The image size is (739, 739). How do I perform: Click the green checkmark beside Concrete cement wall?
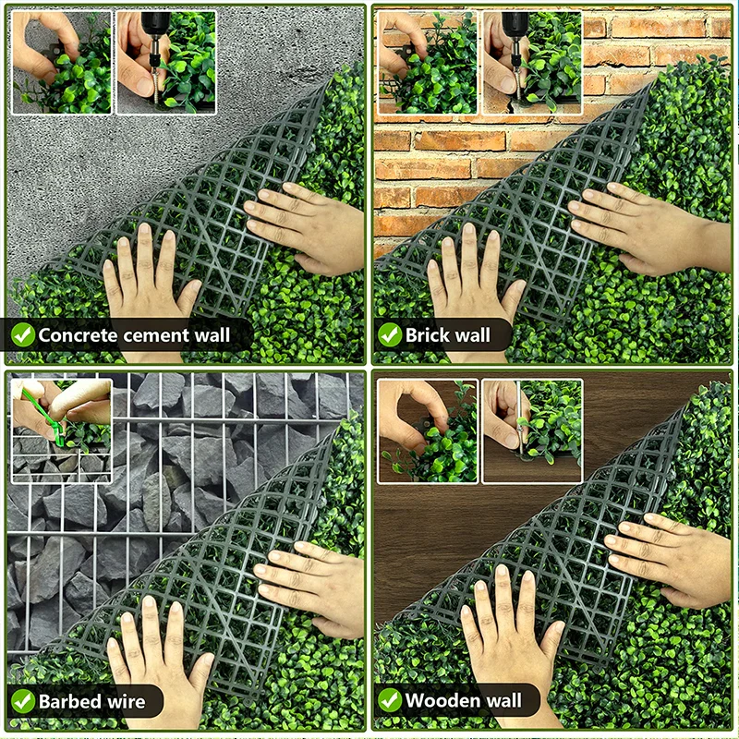22,335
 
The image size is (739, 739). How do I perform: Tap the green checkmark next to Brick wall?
390,335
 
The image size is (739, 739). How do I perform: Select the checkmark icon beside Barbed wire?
22,701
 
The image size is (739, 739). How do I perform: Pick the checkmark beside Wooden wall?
390,700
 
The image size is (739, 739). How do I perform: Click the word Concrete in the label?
78,335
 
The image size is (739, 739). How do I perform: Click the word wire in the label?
127,702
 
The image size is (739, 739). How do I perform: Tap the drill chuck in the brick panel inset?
515,30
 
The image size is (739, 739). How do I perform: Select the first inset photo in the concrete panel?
62,62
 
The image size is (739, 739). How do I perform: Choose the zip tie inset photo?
62,430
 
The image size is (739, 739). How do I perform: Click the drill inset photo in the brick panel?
532,62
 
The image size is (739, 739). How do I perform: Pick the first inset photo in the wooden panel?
428,430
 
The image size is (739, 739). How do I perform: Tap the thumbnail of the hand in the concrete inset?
62,62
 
